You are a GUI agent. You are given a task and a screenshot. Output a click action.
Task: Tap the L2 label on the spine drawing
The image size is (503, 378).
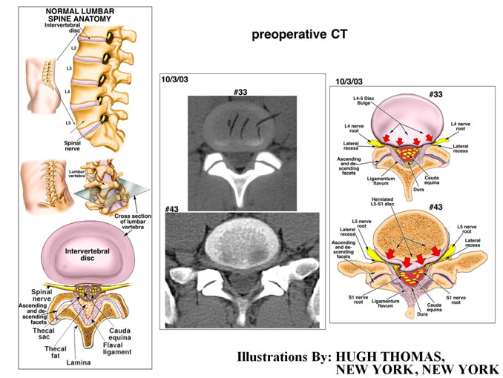[72, 46]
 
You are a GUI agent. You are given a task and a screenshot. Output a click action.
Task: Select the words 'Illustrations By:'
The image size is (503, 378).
[284, 357]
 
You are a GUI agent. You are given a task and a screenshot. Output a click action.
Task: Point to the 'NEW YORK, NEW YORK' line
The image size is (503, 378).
[418, 370]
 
